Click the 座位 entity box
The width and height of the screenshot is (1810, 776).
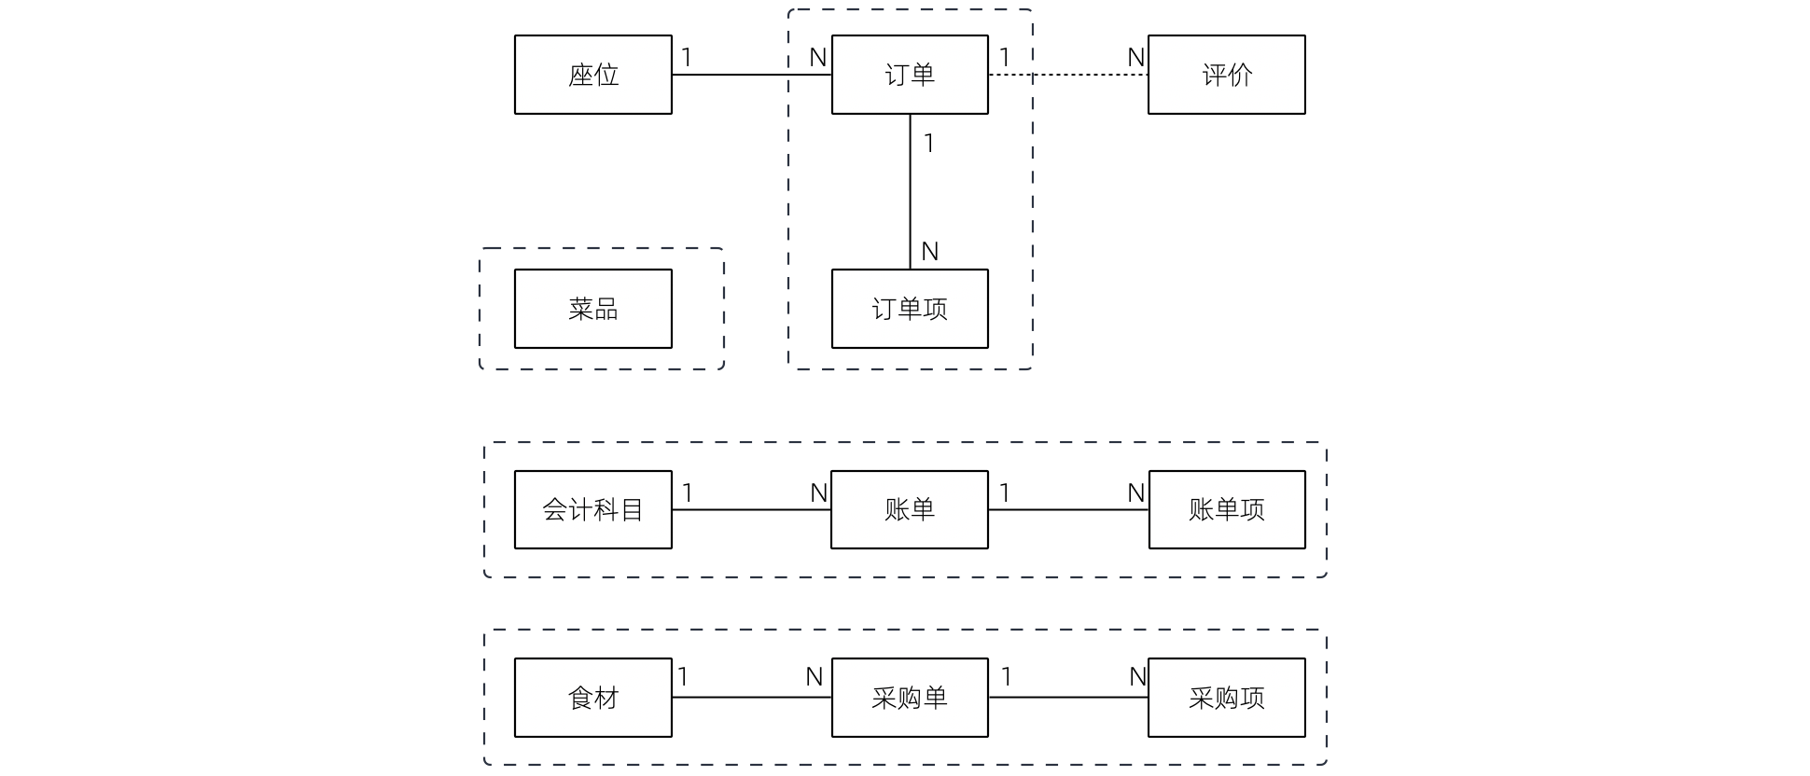593,75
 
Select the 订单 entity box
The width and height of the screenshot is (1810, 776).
910,75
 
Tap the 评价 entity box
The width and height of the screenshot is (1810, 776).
1226,75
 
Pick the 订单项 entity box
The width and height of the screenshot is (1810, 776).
910,309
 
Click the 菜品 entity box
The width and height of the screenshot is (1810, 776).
593,309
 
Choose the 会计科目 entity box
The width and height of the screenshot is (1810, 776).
593,509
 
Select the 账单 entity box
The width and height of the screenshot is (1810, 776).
910,509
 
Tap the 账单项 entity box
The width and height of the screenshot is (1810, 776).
1226,509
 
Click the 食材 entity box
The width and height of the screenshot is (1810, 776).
593,698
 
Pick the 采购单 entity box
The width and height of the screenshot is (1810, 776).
910,698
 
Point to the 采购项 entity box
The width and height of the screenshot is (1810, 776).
1226,698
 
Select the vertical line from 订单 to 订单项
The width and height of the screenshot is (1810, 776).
911,191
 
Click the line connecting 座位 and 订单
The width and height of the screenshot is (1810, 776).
751,75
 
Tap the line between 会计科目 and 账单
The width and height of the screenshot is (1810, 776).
751,510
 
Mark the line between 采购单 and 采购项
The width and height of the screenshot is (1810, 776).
1068,698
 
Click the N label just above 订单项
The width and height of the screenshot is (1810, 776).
929,252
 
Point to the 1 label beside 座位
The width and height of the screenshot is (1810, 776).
687,58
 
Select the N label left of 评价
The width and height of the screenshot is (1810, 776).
1135,58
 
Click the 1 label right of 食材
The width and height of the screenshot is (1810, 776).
683,677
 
